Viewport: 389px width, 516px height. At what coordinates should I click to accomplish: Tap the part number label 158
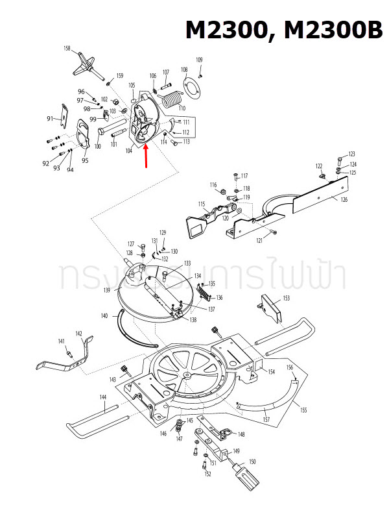(x=67, y=49)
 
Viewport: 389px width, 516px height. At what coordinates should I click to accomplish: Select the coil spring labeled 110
(x=171, y=100)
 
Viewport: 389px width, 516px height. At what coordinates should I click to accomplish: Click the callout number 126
(x=344, y=199)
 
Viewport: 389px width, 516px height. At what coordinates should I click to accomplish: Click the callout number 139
(x=106, y=289)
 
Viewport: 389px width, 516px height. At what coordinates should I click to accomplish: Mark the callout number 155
(x=303, y=410)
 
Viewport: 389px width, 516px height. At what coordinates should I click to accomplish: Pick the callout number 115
(x=202, y=204)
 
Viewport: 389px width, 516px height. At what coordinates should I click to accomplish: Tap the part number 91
(x=50, y=118)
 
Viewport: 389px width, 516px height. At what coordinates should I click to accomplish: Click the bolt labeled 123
(x=340, y=159)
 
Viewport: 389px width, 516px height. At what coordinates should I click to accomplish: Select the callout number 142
(x=78, y=333)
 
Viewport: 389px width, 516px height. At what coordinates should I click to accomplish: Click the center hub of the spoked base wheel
(x=187, y=375)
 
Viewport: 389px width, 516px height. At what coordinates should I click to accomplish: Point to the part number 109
(x=199, y=60)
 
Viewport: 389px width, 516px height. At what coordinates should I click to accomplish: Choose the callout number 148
(x=241, y=435)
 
